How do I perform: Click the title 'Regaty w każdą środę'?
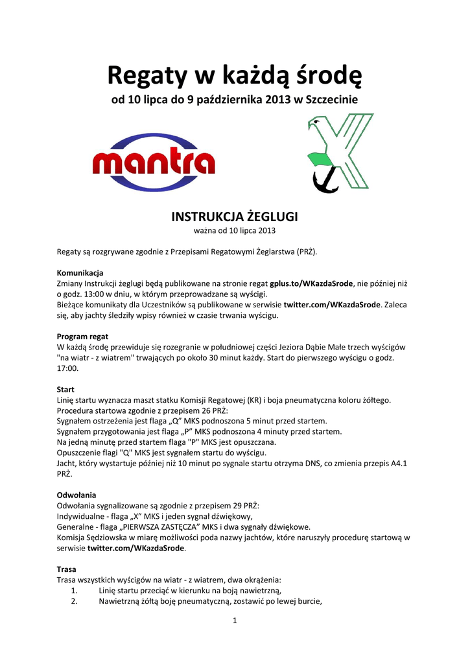pos(235,77)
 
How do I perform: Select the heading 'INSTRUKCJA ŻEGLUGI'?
pos(235,216)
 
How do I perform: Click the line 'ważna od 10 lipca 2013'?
pos(235,230)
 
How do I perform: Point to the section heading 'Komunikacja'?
pos(80,272)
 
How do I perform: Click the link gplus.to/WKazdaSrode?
pos(311,283)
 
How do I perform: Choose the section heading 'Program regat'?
pos(82,337)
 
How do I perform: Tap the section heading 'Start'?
pos(65,389)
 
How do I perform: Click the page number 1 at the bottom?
pos(235,621)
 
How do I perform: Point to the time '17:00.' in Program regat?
pos(67,368)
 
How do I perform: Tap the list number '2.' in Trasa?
pos(74,600)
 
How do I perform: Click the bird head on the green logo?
pos(317,123)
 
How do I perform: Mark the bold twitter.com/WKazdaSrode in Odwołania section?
pos(136,548)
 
